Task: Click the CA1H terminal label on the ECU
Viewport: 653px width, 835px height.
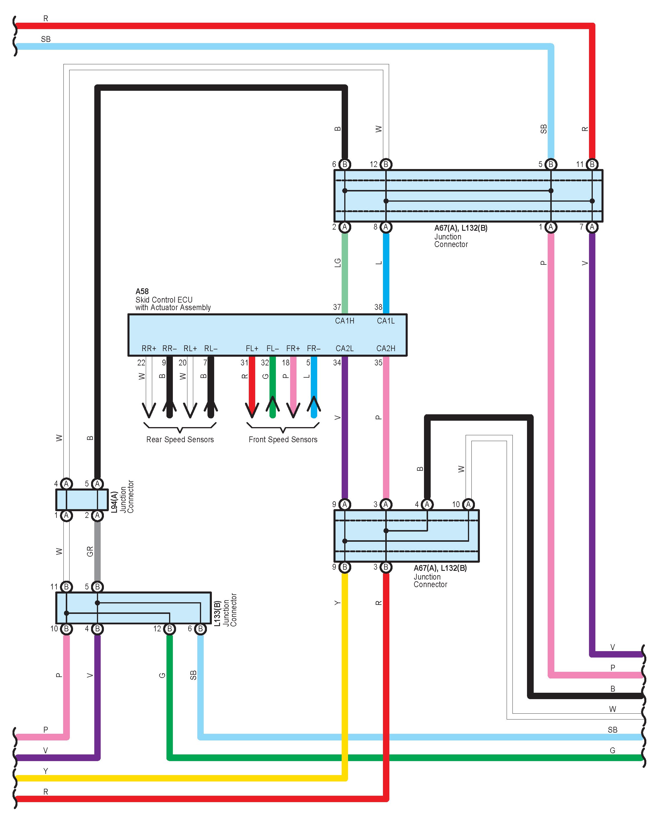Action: (345, 321)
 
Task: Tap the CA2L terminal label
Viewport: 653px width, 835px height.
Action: (345, 348)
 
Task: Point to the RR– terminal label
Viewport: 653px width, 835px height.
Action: (169, 348)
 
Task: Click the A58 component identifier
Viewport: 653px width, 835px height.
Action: (142, 291)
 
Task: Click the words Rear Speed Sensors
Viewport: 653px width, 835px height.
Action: (180, 440)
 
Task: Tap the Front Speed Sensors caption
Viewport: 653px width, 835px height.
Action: (283, 440)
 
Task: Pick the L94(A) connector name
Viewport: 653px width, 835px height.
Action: (114, 502)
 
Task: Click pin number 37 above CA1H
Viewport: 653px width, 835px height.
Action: (337, 307)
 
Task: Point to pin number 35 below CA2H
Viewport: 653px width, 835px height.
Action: (378, 363)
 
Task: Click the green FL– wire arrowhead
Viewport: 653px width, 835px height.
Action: (273, 404)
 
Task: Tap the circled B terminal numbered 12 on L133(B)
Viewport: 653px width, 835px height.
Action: (169, 629)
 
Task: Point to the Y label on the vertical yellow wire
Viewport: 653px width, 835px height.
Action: (337, 603)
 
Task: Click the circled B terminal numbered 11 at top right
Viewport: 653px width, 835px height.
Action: (592, 164)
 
